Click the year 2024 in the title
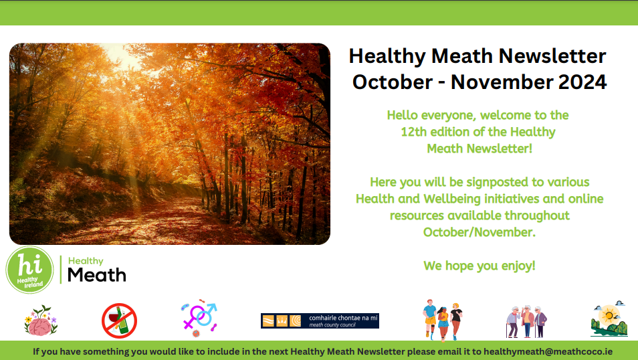(582, 82)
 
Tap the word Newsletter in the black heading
(552, 56)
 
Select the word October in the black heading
(393, 82)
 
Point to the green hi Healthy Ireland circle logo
(29, 270)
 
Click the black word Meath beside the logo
(97, 275)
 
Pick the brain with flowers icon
(40, 321)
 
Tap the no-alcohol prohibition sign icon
(119, 321)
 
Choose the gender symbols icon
(199, 320)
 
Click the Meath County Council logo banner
(320, 321)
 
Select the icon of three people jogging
(442, 320)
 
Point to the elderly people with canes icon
(526, 322)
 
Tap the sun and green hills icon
(609, 319)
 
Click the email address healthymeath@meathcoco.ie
(548, 351)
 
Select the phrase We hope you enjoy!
(480, 266)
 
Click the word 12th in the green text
(414, 132)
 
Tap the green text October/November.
(480, 232)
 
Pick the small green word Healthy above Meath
(86, 261)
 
